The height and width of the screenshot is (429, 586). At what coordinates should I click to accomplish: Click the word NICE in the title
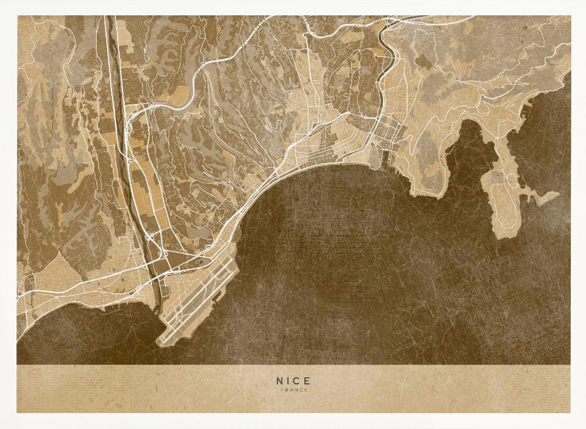[293, 380]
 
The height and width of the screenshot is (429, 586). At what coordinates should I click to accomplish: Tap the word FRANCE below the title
[293, 390]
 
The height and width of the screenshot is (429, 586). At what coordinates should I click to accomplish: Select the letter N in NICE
[280, 380]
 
